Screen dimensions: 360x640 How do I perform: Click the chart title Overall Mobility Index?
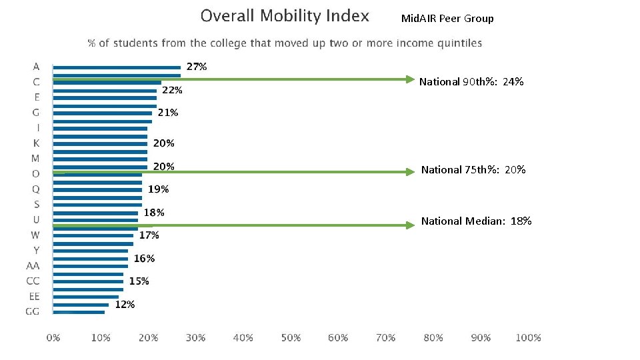pos(285,16)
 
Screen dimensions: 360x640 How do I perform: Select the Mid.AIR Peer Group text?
pos(447,19)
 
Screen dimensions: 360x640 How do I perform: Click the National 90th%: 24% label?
pos(471,82)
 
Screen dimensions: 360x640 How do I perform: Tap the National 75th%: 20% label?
pos(473,170)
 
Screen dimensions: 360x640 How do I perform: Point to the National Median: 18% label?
pos(476,221)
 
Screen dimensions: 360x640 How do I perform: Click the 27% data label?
pos(196,67)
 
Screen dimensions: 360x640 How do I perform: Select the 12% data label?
pos(125,304)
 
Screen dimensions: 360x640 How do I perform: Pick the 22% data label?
pos(172,90)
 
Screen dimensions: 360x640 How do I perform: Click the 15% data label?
pos(139,281)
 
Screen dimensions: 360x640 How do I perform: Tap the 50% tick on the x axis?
pos(291,338)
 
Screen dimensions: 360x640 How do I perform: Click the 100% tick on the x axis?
pos(528,338)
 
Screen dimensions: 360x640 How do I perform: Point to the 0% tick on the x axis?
pos(53,338)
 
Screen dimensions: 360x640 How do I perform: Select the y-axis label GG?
pos(33,311)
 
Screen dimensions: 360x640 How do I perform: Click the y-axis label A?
pos(36,67)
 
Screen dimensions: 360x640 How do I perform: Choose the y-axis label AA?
pos(33,265)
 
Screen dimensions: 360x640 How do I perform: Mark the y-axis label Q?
pos(36,189)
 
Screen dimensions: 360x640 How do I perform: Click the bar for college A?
pos(117,67)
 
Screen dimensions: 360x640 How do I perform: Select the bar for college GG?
pos(79,312)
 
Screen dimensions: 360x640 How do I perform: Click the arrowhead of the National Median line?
pos(410,225)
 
